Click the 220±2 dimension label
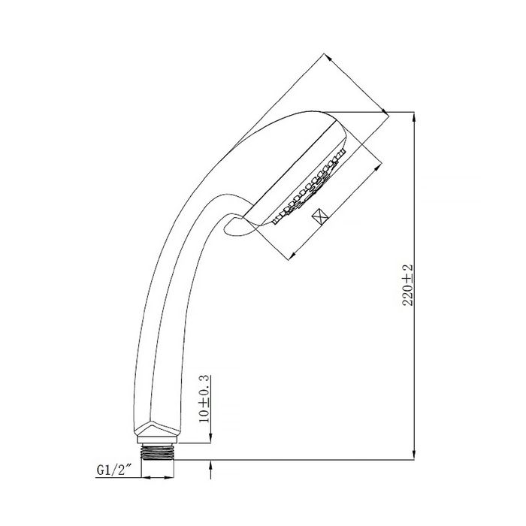(408, 285)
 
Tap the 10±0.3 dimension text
(204, 399)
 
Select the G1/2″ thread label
(113, 470)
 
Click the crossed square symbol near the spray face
(319, 216)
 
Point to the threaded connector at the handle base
(159, 451)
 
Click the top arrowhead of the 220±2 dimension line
(415, 118)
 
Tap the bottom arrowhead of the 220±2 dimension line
(415, 453)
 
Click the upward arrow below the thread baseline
(210, 470)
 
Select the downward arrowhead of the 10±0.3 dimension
(210, 437)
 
